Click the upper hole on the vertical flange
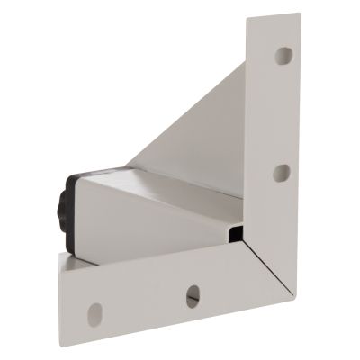[283, 56]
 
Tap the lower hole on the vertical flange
[282, 172]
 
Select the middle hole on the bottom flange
[193, 295]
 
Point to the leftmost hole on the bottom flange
[94, 314]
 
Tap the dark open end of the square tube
[236, 236]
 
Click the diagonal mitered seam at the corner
[271, 274]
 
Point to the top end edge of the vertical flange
[273, 17]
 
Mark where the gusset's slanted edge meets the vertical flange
[245, 65]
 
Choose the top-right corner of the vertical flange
[299, 14]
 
